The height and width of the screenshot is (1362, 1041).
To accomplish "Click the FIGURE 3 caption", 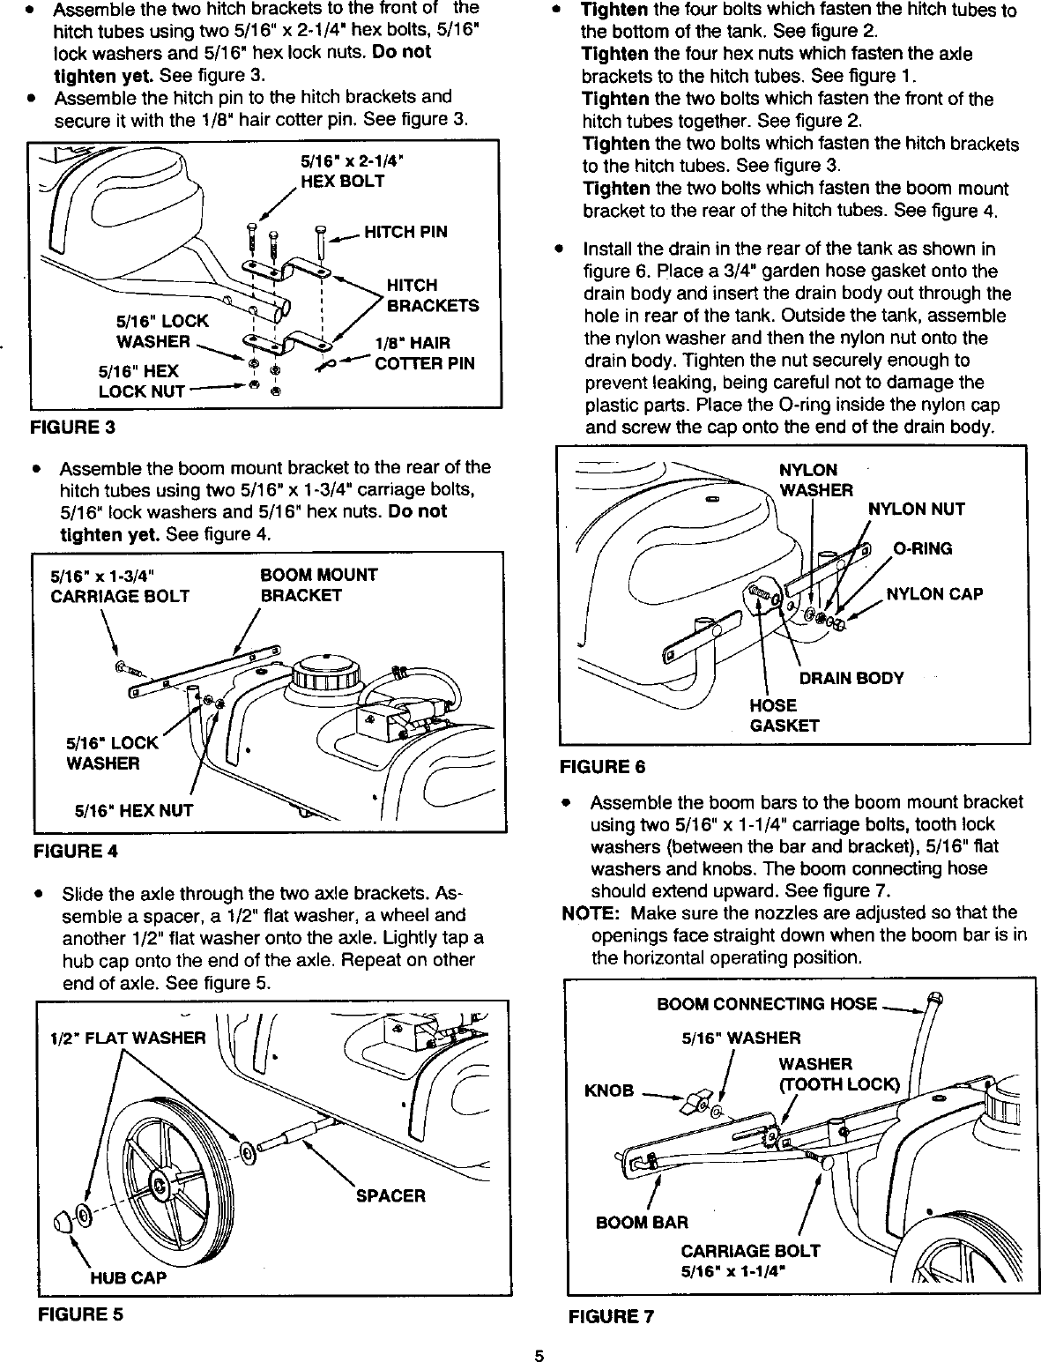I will pyautogui.click(x=73, y=428).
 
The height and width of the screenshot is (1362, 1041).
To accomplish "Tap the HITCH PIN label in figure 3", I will pyautogui.click(x=405, y=232).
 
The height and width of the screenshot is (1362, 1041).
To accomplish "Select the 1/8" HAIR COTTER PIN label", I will pyautogui.click(x=425, y=354).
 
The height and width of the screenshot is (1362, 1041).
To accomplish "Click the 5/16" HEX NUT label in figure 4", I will pyautogui.click(x=133, y=810).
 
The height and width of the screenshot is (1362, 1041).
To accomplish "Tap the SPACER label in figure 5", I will pyautogui.click(x=390, y=1196).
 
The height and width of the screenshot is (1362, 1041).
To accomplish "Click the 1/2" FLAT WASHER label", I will pyautogui.click(x=128, y=1038).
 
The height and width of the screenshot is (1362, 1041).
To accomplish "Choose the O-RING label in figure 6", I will pyautogui.click(x=923, y=549).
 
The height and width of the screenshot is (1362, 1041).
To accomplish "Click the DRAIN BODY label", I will pyautogui.click(x=851, y=678).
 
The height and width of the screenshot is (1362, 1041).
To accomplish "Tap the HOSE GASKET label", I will pyautogui.click(x=784, y=716).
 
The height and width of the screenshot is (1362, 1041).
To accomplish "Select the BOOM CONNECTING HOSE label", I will pyautogui.click(x=767, y=1004).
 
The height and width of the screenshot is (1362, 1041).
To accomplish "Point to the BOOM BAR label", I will pyautogui.click(x=642, y=1223).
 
